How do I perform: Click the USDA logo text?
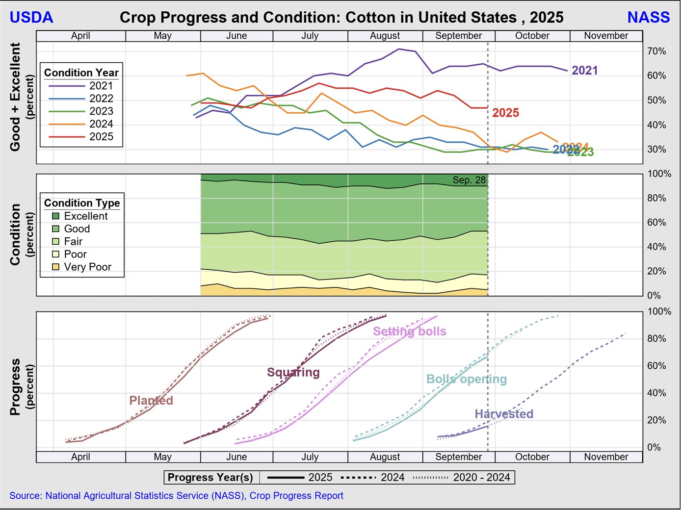click(x=31, y=17)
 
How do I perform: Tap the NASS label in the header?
click(x=648, y=17)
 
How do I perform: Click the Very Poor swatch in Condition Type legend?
click(x=56, y=267)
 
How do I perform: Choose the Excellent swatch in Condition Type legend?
click(x=56, y=216)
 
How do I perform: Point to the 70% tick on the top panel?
click(x=656, y=51)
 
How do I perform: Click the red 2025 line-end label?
click(x=505, y=113)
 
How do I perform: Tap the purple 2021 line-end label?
click(x=585, y=71)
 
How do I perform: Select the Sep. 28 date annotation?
click(x=469, y=180)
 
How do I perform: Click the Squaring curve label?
click(x=293, y=373)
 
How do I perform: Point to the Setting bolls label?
click(x=410, y=331)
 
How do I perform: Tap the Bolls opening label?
click(x=466, y=379)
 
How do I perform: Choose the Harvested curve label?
click(x=504, y=414)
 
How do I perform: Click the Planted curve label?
click(x=151, y=401)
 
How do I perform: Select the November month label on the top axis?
click(x=606, y=36)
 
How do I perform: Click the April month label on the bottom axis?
click(x=80, y=457)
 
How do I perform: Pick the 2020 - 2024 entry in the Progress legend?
click(x=481, y=478)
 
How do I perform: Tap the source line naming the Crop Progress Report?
click(x=176, y=496)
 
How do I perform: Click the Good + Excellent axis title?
click(x=16, y=97)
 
